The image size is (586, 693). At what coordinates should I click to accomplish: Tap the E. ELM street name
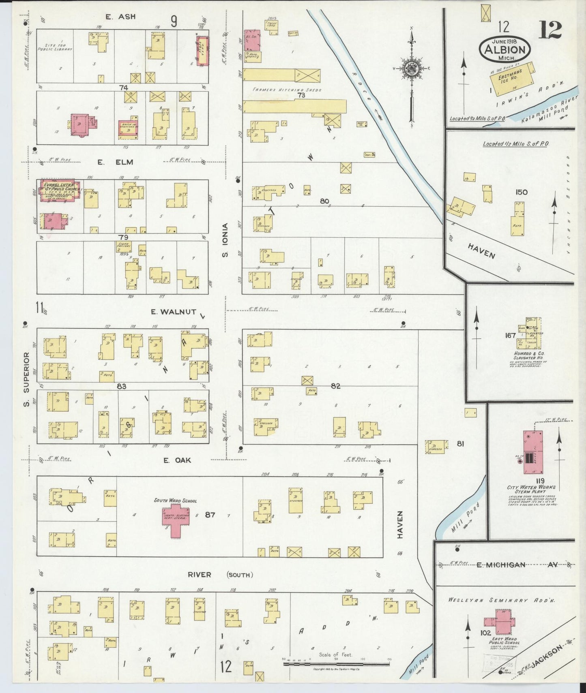115,162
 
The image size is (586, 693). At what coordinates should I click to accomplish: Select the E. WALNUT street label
173,312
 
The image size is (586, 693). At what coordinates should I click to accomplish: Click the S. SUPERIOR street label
27,379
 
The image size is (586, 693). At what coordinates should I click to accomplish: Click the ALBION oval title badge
504,50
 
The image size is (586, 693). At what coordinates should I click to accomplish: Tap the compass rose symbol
412,69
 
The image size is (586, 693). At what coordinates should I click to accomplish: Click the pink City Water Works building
532,452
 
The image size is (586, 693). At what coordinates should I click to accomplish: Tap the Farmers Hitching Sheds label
286,90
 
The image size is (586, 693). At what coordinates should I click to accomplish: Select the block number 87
210,515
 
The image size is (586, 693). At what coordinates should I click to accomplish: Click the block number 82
335,386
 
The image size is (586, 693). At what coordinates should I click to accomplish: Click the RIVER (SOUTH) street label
220,575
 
